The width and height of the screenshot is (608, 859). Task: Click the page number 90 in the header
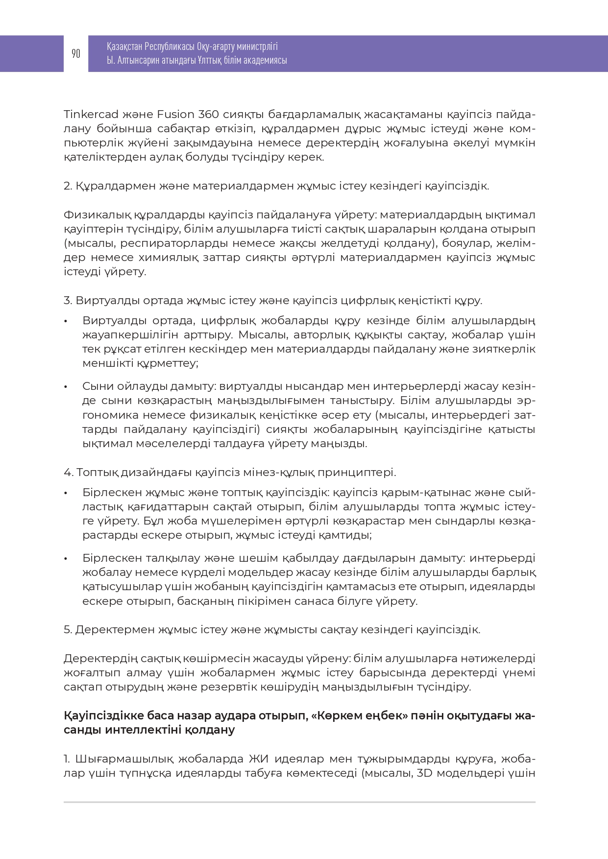76,53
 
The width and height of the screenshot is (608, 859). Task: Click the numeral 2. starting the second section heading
68,186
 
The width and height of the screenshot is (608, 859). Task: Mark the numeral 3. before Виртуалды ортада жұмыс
68,301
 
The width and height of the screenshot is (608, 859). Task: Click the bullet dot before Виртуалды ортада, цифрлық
66,321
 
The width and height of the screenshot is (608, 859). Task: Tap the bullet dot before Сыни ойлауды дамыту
66,387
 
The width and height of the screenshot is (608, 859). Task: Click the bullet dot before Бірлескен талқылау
66,558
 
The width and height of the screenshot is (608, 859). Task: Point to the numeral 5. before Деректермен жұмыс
68,630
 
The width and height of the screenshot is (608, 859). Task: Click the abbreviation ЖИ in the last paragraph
259,759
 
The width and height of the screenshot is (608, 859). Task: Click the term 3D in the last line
425,773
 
